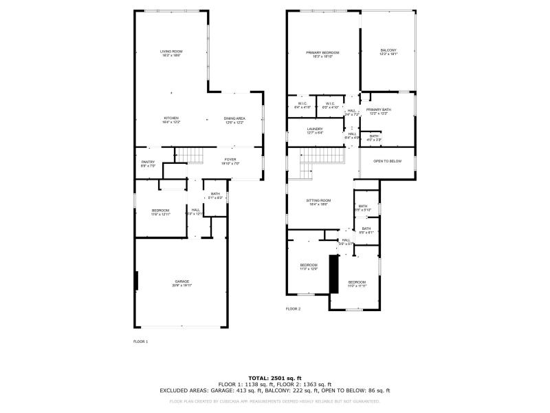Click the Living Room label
pos(171,53)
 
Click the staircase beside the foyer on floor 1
pos(190,156)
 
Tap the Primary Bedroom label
pos(322,54)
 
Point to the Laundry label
pos(314,127)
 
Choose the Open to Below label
pos(387,161)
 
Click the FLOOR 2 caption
pos(294,309)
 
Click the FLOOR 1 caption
pos(140,341)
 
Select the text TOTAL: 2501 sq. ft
pos(274,378)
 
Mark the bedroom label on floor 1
pos(160,212)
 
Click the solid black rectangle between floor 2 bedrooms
pos(334,273)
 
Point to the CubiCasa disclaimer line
pos(274,401)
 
